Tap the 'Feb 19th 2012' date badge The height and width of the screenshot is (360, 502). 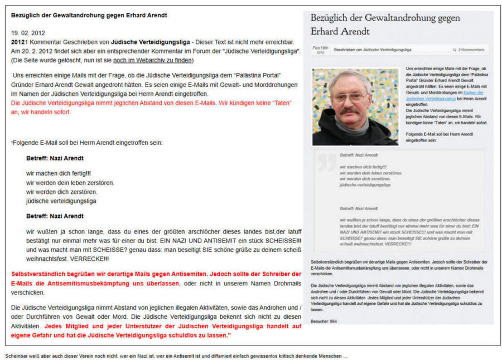320,50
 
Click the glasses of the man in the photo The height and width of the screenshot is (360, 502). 349,97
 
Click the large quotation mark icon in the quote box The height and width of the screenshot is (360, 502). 327,162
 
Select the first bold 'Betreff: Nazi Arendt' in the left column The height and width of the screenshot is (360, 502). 55,158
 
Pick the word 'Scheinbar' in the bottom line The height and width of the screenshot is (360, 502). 17,356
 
